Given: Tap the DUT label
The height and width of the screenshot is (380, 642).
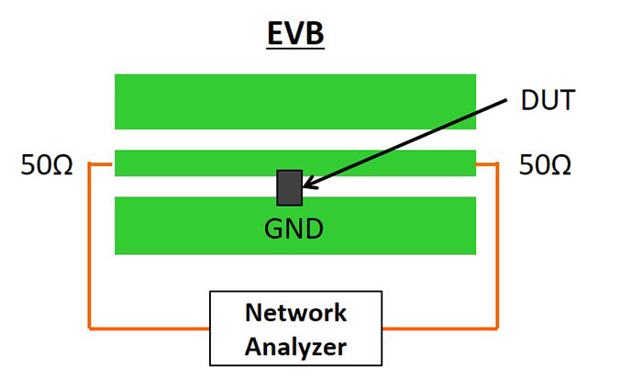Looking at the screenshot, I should click(x=547, y=100).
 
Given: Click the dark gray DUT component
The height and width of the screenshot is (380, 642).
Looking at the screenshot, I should click(x=289, y=187).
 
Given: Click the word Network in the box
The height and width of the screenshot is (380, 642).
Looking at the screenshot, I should click(x=295, y=313).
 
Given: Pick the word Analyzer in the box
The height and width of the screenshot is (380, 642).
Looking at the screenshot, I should click(x=295, y=346).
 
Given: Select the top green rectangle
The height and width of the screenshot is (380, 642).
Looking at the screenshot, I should click(x=295, y=101).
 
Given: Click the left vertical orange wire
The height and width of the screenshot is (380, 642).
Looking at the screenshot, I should click(x=89, y=248).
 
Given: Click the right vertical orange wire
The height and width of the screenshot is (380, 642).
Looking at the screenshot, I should click(x=498, y=248).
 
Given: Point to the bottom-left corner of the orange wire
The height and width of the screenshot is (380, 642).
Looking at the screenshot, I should click(x=89, y=327).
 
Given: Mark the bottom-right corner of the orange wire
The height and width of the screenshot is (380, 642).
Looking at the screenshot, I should click(x=498, y=327).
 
